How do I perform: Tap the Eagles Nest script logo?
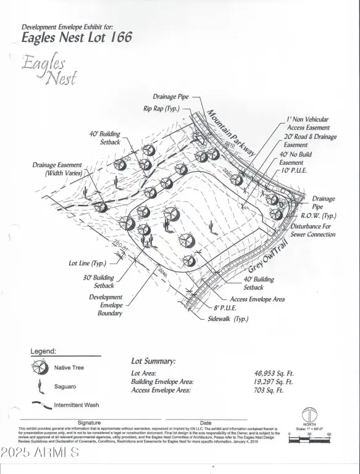click(50, 70)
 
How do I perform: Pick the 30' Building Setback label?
click(99, 281)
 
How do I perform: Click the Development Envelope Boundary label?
click(106, 305)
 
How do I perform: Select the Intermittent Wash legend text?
click(77, 405)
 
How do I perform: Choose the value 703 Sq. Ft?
click(269, 390)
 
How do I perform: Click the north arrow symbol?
click(309, 415)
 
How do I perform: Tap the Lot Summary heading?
click(153, 361)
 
